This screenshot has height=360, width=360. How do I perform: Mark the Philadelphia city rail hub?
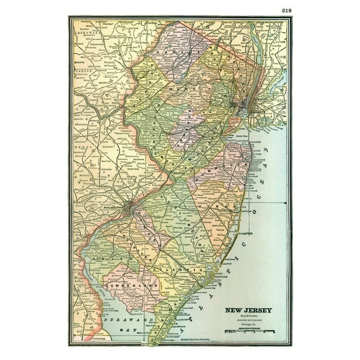point(128,207)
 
